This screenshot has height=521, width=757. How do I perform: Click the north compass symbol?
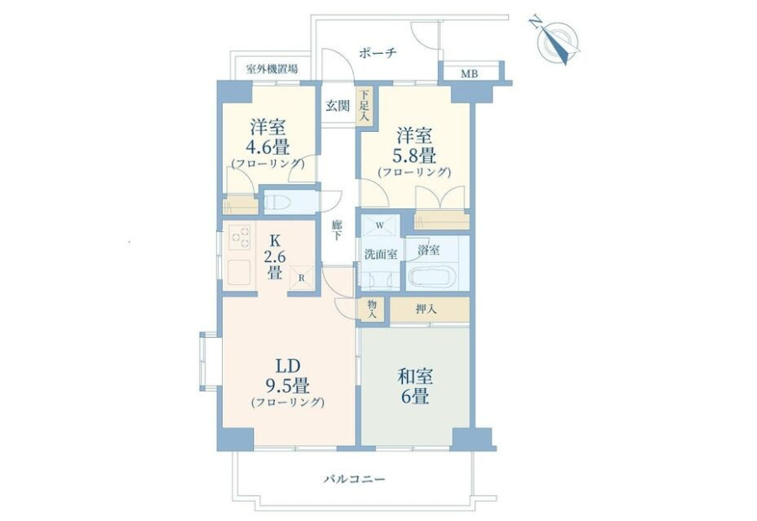click(x=558, y=40)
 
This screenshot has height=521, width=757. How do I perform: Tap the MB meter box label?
click(x=469, y=74)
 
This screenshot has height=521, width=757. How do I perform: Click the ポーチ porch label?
click(x=378, y=53)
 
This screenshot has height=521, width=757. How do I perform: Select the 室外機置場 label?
click(x=272, y=69)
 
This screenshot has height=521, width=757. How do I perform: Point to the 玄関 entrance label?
click(x=337, y=106)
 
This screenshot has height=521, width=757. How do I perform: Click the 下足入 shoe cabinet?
click(x=364, y=105)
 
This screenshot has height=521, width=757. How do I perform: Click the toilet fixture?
click(x=277, y=203)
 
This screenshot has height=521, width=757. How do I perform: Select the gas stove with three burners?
click(x=240, y=237)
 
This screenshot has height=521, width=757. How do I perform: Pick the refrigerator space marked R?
click(x=301, y=278)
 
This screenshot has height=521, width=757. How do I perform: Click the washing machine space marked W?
click(x=380, y=225)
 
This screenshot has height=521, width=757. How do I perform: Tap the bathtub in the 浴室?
click(x=432, y=277)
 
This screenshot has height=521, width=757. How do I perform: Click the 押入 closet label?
click(x=426, y=309)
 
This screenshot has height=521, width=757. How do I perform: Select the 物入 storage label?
click(x=372, y=309)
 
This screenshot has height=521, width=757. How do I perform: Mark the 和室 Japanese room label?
click(x=415, y=376)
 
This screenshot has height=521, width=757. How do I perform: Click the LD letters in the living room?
click(x=288, y=366)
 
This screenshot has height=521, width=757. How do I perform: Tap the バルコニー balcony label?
click(x=355, y=480)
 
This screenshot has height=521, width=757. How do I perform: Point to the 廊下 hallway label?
click(x=337, y=230)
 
